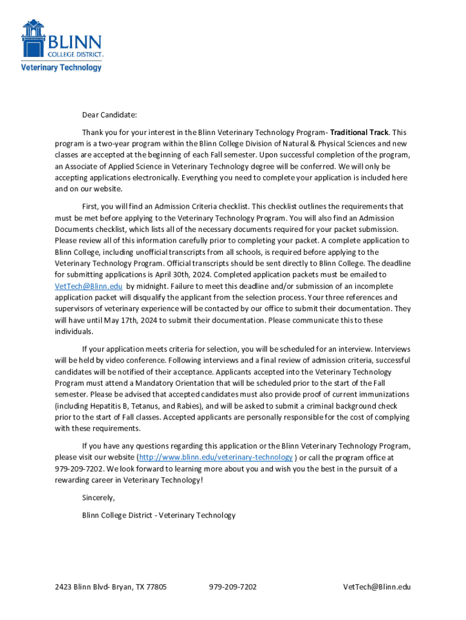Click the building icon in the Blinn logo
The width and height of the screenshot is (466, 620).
(33, 38)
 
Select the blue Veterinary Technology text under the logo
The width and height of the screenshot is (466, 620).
(61, 67)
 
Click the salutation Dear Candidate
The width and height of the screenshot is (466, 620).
(110, 114)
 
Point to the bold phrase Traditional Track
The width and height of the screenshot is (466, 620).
(359, 132)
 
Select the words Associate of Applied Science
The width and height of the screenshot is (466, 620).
(106, 167)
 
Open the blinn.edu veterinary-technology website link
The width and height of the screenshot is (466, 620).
(215, 457)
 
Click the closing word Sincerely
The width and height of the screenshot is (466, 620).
(98, 498)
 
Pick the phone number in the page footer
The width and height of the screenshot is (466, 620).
(232, 587)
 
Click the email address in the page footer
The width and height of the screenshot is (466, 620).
(376, 587)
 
